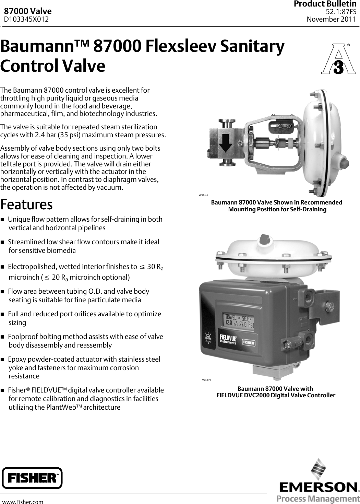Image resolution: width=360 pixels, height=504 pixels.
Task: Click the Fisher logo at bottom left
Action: click(x=32, y=478)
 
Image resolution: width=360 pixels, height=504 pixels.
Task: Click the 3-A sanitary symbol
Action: click(x=338, y=59)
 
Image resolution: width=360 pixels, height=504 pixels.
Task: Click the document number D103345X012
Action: click(x=26, y=20)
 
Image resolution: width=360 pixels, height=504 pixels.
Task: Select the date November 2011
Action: click(x=331, y=19)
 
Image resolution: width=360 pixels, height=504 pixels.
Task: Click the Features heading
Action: click(x=26, y=204)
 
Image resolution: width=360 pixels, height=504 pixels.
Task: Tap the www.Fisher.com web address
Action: click(x=23, y=502)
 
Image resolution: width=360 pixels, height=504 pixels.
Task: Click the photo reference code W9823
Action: click(x=203, y=195)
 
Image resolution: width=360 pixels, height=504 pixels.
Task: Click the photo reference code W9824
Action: click(x=207, y=380)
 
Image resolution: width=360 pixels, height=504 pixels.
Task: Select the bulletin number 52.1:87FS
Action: click(x=341, y=12)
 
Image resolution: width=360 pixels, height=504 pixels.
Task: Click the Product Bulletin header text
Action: click(x=325, y=4)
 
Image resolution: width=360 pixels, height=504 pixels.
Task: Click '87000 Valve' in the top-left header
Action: click(x=27, y=12)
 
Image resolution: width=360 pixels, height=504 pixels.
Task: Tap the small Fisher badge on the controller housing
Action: click(x=249, y=342)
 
